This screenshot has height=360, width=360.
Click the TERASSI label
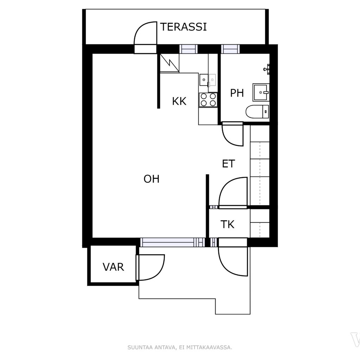pyautogui.click(x=183, y=27)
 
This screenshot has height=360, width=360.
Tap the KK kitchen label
pyautogui.click(x=179, y=101)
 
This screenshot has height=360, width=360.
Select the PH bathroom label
pyautogui.click(x=237, y=93)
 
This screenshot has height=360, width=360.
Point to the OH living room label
pyautogui.click(x=151, y=179)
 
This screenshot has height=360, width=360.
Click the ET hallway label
pyautogui.click(x=229, y=164)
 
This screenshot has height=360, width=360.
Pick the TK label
pyautogui.click(x=227, y=224)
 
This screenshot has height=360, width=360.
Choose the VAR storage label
pyautogui.click(x=113, y=267)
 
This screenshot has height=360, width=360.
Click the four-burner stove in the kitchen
pyautogui.click(x=208, y=99)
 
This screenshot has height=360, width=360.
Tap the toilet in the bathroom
pyautogui.click(x=257, y=112)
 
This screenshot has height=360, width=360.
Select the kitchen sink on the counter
pyautogui.click(x=208, y=80)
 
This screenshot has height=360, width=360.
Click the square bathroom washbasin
pyautogui.click(x=261, y=92)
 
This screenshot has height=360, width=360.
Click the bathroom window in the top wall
pyautogui.click(x=230, y=49)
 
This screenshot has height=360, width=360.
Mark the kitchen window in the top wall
pyautogui.click(x=188, y=49)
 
